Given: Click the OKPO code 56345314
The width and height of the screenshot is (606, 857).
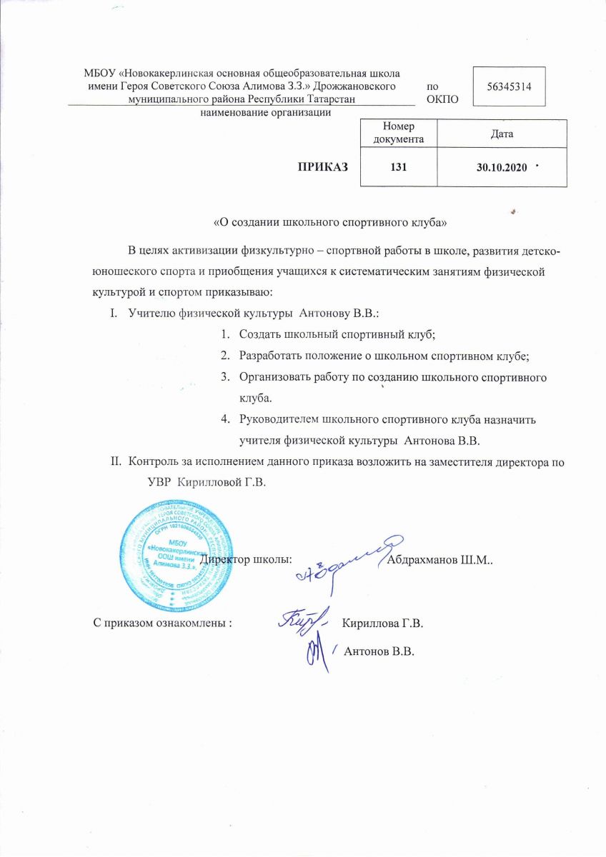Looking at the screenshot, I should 510,86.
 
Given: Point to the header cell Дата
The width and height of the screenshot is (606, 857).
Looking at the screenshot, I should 501,134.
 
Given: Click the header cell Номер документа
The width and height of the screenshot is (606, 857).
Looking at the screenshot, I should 399,133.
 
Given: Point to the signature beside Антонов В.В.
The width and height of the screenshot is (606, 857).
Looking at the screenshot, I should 315,651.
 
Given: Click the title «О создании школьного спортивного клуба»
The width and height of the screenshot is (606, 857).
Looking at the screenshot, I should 331,222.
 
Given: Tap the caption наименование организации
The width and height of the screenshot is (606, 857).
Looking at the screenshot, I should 266,114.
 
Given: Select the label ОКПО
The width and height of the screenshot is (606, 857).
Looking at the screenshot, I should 442,99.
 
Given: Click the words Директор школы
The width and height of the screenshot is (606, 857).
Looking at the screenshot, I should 247,559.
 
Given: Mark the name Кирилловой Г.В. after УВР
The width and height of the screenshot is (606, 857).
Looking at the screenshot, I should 222,483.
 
